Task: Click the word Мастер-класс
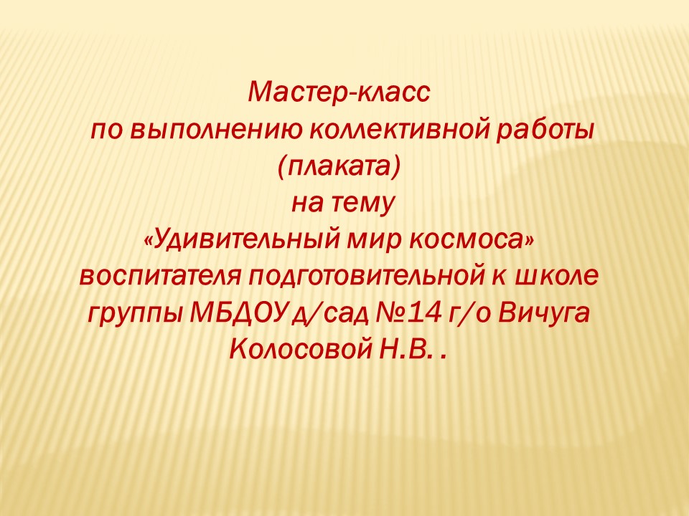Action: tap(339, 92)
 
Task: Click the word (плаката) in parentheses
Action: tap(339, 167)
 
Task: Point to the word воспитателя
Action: tap(160, 277)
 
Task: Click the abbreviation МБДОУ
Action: tap(240, 313)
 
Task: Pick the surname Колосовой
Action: tap(300, 348)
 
